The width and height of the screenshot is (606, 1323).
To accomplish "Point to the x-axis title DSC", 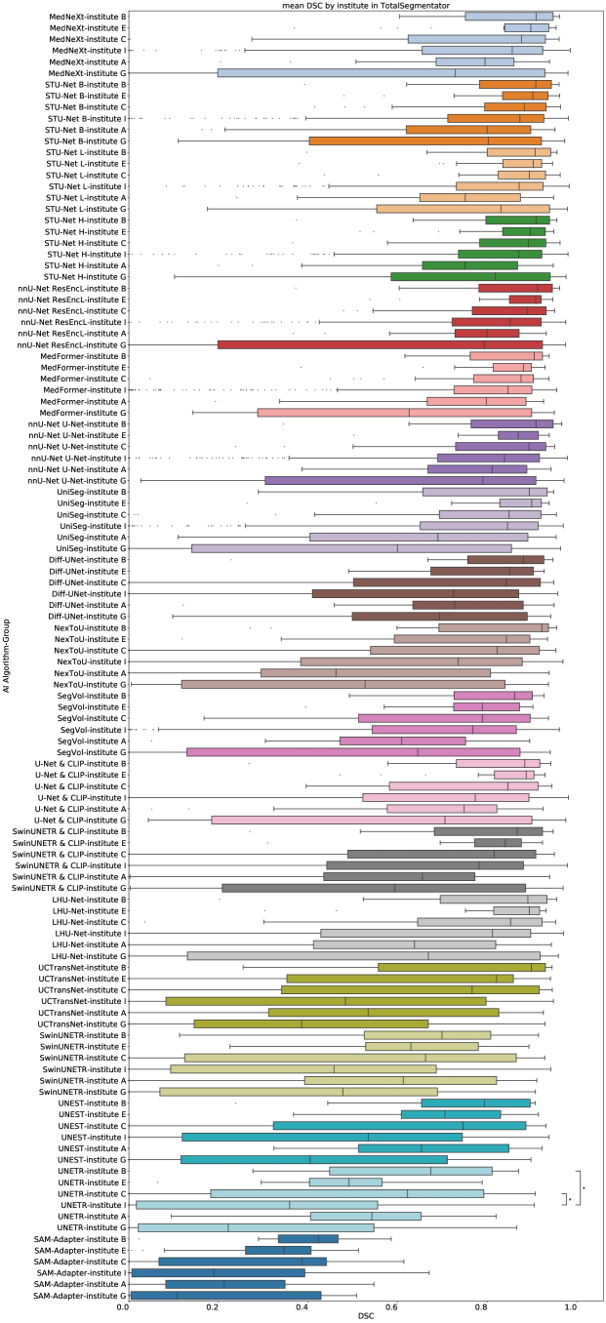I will click(366, 1316).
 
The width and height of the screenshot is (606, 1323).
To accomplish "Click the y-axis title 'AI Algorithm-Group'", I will click(7, 661).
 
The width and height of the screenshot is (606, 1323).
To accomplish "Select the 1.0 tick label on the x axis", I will click(570, 1304).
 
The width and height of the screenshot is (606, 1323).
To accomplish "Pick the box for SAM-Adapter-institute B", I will click(307, 1238).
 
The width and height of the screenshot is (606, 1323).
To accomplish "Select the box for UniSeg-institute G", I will click(351, 548).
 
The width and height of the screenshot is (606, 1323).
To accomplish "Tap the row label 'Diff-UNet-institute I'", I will click(84, 593).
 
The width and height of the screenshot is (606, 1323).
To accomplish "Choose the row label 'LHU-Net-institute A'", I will click(87, 944).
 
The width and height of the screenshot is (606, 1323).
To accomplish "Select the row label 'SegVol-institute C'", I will click(92, 718).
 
